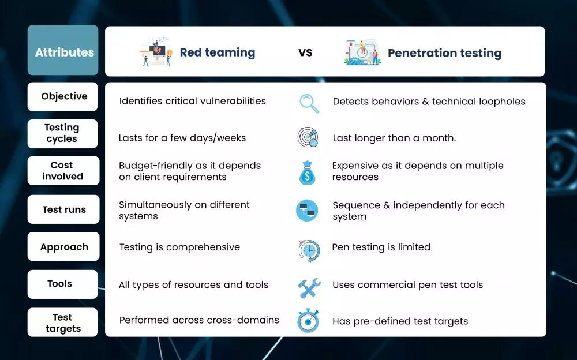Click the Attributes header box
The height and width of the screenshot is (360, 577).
click(63, 50)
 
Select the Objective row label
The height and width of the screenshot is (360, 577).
click(62, 96)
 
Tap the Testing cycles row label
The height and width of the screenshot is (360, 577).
click(62, 134)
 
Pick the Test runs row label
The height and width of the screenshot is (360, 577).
click(63, 209)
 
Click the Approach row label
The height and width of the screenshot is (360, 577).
click(63, 246)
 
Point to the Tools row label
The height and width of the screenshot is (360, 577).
click(62, 284)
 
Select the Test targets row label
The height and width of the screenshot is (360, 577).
click(62, 322)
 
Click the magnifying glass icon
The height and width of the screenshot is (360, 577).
click(309, 103)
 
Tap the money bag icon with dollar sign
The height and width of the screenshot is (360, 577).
click(308, 172)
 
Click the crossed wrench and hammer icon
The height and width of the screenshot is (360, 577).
click(309, 288)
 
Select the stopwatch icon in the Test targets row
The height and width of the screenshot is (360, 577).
click(308, 321)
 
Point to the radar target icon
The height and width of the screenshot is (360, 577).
click(308, 137)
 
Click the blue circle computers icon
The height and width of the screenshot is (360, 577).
click(307, 211)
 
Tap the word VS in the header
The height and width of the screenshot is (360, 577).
click(305, 52)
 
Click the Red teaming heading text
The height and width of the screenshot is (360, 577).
click(218, 52)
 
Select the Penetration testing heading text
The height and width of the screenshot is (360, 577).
click(444, 53)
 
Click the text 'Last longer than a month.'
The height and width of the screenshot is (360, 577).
click(394, 138)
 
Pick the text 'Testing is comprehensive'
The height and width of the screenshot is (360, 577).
click(179, 247)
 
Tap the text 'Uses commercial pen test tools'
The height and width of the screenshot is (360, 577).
click(408, 284)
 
